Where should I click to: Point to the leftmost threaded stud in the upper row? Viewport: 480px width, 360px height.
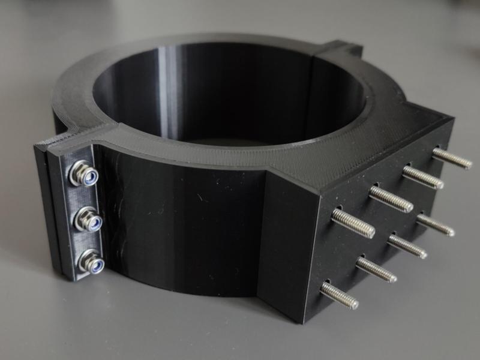[353, 223]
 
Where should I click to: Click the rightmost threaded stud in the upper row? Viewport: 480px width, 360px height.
[451, 158]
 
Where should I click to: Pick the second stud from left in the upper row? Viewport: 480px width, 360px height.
[391, 199]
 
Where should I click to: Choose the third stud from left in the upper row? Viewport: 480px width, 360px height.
[422, 177]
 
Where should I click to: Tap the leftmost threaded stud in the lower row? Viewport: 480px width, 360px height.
[339, 295]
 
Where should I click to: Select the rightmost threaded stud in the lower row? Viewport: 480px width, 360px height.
[435, 224]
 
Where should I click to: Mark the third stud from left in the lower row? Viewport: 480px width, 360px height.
[407, 246]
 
